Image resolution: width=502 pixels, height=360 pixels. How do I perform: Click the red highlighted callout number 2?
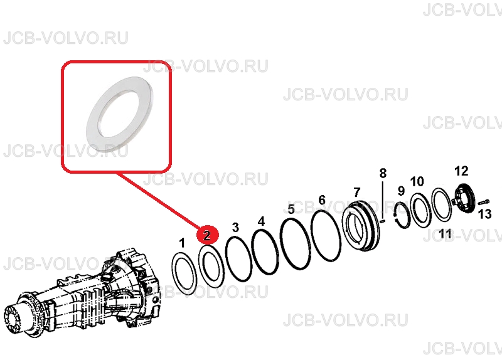pos(208,235)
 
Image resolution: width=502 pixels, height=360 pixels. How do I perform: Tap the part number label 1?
pos(182,243)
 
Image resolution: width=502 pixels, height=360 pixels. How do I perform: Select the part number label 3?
pos(235,227)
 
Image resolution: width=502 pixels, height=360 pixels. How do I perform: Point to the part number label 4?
pos(261,221)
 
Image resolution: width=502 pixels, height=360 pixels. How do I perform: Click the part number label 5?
pos(291,209)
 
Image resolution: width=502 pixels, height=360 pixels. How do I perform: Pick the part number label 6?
pos(322,200)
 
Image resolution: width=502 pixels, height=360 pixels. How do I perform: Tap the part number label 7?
pos(356,193)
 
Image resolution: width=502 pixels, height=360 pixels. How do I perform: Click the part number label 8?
pos(383,173)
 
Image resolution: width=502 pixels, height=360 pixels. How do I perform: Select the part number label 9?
pos(401,191)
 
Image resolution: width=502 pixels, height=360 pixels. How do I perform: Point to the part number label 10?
pos(417,181)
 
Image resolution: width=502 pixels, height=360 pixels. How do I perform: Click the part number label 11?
pos(445,233)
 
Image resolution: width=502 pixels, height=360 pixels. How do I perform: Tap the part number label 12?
pos(461,171)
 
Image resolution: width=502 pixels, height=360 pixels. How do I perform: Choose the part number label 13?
pos(484,214)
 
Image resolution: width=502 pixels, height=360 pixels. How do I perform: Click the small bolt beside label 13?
pos(483,202)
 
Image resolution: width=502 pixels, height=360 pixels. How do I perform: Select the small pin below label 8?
pos(383,221)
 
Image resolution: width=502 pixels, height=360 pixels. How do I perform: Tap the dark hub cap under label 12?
pos(464,198)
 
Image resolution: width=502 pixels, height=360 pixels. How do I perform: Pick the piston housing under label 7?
pos(361,226)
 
